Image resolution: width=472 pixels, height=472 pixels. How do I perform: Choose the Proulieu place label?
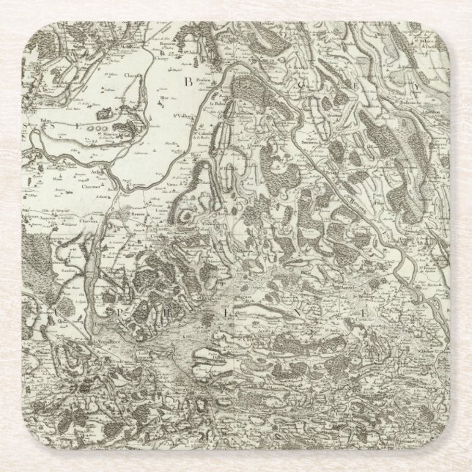point(203,81)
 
